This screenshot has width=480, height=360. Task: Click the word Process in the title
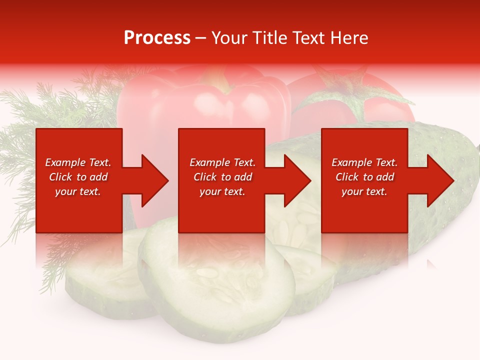point(157,38)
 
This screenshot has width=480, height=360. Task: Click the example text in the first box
point(78,177)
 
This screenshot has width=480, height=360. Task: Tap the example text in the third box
point(364,177)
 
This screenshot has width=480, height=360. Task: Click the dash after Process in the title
point(201,38)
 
